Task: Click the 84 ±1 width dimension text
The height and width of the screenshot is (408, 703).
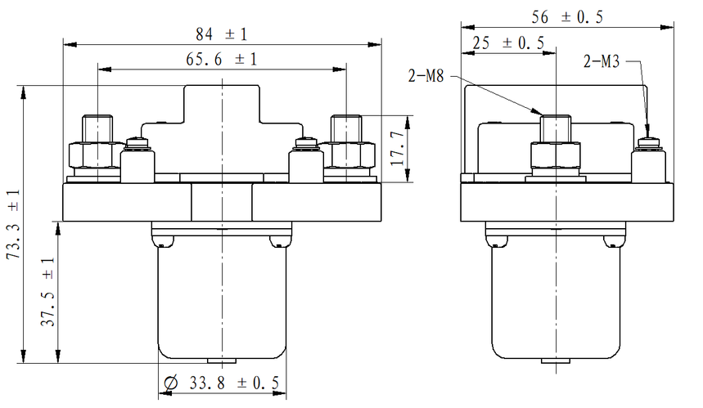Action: point(222,34)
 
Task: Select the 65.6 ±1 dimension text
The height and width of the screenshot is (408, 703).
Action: point(222,59)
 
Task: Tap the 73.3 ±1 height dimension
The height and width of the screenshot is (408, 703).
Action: point(13,224)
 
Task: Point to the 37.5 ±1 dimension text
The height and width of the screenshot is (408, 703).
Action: point(47,292)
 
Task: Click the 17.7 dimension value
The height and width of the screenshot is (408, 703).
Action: point(397,148)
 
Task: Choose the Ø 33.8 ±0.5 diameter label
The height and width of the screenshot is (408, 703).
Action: point(222,383)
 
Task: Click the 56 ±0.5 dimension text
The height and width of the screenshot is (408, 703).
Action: point(567,17)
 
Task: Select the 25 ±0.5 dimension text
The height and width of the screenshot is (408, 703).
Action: point(508,43)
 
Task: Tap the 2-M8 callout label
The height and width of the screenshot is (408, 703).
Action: point(426,76)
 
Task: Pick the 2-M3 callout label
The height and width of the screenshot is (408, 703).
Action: point(602,61)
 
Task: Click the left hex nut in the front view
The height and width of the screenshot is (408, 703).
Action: point(97,155)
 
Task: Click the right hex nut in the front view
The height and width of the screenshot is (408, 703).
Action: point(346,155)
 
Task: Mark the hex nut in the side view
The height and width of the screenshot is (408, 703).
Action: point(556,155)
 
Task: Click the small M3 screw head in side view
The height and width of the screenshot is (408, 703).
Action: point(649,143)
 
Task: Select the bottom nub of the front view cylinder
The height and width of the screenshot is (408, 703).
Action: point(222,361)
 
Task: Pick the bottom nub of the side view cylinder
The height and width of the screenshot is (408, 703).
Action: point(556,361)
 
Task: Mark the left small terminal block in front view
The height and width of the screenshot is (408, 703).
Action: point(137,167)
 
